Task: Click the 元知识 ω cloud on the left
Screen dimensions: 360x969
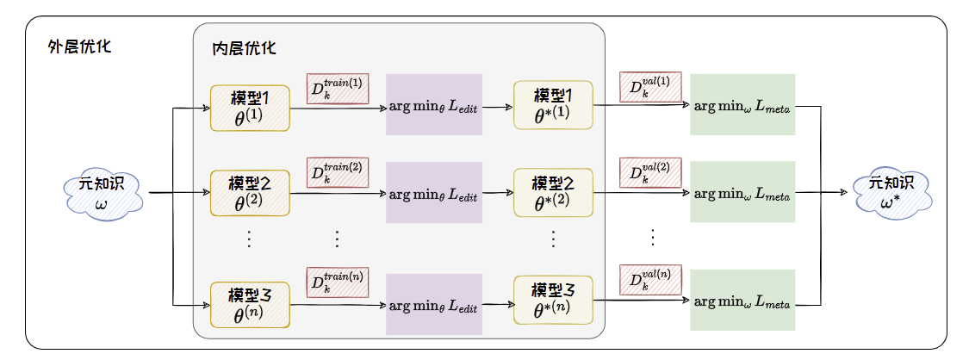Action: click(102, 194)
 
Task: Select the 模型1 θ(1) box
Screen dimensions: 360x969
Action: click(250, 109)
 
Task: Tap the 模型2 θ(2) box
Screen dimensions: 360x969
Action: click(250, 194)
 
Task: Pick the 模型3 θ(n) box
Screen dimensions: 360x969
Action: click(250, 302)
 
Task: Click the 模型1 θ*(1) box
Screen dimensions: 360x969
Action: click(553, 106)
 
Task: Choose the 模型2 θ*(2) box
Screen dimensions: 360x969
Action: click(553, 193)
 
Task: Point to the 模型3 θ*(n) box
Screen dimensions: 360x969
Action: click(553, 299)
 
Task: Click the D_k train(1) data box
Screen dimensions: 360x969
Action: click(338, 89)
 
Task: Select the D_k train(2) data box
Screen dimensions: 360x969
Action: click(338, 173)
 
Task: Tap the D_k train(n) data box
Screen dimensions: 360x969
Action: click(338, 283)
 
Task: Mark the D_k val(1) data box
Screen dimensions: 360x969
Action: click(650, 87)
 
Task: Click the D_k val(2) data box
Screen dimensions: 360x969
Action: click(650, 171)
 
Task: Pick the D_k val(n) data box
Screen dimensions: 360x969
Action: click(650, 281)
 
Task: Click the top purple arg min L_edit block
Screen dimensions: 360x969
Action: click(433, 105)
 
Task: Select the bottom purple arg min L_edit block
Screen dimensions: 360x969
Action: click(433, 304)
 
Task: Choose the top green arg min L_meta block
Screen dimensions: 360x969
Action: click(742, 105)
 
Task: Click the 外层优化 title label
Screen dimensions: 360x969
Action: click(79, 46)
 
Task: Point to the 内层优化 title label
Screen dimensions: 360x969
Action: click(244, 48)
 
